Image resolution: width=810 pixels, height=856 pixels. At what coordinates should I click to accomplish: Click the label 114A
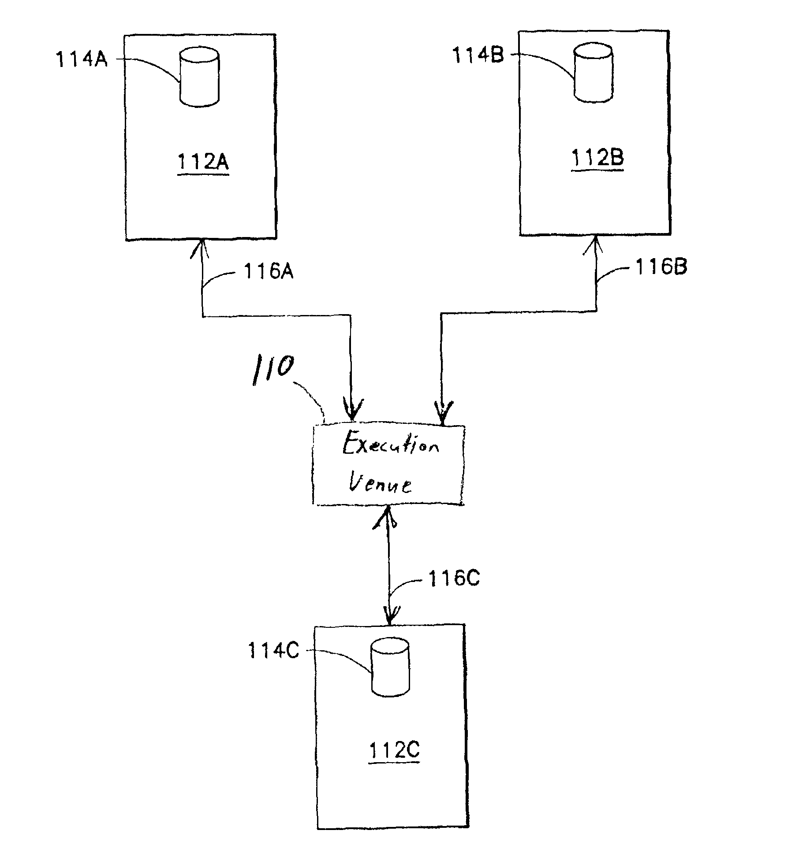(x=82, y=59)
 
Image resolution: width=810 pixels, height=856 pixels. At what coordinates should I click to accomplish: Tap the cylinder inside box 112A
(x=199, y=78)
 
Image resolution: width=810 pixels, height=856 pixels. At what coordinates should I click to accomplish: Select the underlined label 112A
(x=203, y=163)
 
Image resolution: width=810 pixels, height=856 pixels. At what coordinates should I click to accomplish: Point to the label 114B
(x=478, y=56)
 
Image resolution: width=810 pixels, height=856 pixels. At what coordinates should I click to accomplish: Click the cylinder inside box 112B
(x=593, y=74)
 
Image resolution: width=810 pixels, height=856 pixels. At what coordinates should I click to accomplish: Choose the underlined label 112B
(x=598, y=158)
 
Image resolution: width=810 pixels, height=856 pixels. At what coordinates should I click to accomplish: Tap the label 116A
(x=269, y=272)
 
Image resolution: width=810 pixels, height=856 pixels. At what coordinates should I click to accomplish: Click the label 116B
(x=661, y=267)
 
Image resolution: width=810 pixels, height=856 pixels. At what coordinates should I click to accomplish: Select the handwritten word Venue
(x=381, y=484)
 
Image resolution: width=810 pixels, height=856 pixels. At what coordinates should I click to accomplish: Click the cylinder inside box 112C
(x=390, y=668)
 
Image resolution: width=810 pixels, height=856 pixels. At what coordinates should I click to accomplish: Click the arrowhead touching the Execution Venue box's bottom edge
(x=387, y=516)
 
